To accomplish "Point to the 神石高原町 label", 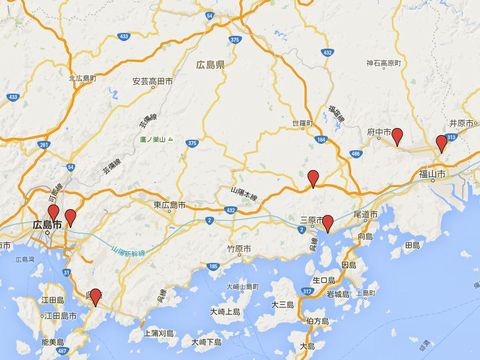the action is point(383,63).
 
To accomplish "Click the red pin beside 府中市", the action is point(397,136).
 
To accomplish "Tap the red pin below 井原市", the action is point(442,143).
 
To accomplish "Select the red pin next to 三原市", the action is point(327,222).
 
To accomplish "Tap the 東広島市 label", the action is point(170,205).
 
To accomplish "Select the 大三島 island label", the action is point(282,303).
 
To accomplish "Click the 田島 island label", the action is point(411,243).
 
